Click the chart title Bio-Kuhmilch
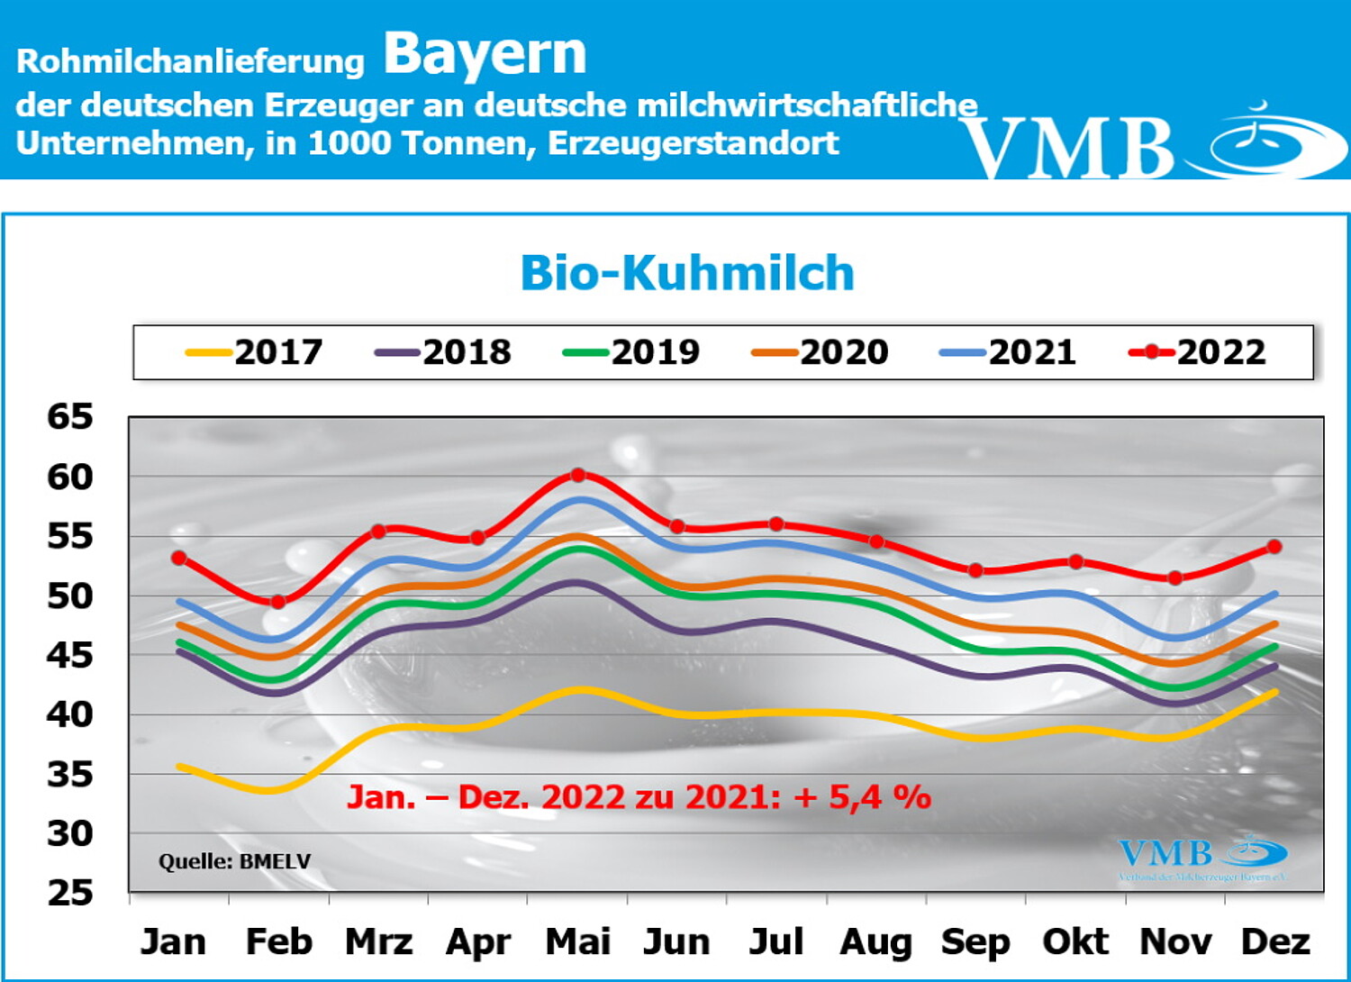687,273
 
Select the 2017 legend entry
255,352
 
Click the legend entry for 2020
821,352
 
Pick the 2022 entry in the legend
1198,352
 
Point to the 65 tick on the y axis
70,417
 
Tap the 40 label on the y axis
70,715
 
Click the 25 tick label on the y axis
70,893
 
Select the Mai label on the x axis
578,942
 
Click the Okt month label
1075,942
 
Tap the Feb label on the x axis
279,942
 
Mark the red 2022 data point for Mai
578,475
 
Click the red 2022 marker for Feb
278,602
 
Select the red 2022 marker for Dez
1274,547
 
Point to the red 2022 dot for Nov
1174,578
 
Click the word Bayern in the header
485,53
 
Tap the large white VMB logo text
1068,147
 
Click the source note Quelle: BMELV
234,862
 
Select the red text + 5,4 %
862,797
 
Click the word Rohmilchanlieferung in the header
190,61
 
